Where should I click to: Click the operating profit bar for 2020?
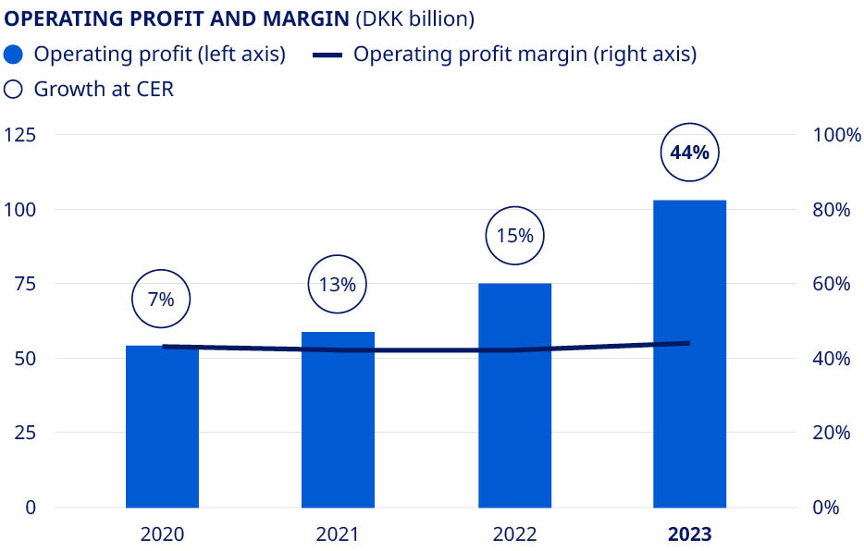click(162, 427)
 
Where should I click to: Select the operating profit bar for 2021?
click(338, 421)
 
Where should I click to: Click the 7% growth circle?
click(162, 299)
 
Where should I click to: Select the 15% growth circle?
click(514, 236)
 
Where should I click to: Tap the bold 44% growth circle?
click(689, 153)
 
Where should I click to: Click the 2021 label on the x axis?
click(338, 534)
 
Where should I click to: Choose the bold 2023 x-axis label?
click(689, 534)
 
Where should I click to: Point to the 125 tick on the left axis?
click(20, 135)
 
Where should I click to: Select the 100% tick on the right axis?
click(836, 135)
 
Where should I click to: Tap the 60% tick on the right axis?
click(831, 284)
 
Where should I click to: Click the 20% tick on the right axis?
click(831, 433)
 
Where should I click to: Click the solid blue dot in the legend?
click(13, 54)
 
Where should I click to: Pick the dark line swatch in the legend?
click(328, 55)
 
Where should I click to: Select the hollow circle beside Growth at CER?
click(13, 90)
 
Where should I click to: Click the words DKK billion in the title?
click(414, 18)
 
